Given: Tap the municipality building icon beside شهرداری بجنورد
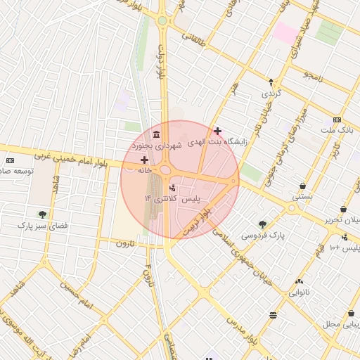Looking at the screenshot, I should coord(155,134).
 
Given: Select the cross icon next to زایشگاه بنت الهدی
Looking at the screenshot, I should coord(218,131).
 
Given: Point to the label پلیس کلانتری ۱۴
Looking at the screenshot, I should coord(168,200).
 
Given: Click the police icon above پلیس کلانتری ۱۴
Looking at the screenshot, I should coord(172,188).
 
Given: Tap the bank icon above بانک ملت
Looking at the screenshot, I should coord(337,120).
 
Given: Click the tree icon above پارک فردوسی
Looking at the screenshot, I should coord(262,224).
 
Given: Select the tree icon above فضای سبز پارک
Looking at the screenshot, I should coord(43,214).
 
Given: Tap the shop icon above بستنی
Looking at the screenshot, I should coord(302,186).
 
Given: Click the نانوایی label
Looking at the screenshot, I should coord(299,292).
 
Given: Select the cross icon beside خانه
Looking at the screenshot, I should coord(144,160).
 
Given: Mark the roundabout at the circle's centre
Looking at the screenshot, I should coord(166,170).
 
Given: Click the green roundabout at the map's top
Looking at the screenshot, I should coord(162,20).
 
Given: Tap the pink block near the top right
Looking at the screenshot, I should coord(285,32).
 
